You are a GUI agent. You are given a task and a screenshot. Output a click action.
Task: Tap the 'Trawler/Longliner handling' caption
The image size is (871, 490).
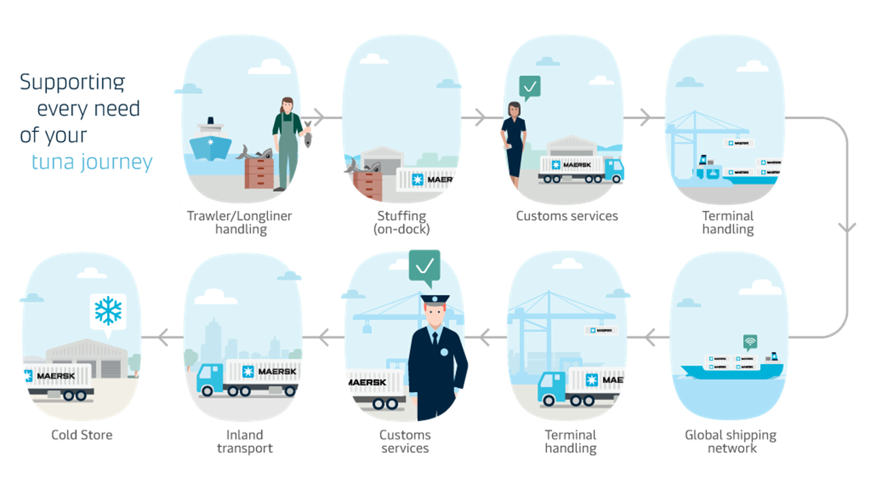(240, 223)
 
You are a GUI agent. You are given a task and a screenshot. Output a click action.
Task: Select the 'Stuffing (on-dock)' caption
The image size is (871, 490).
(401, 223)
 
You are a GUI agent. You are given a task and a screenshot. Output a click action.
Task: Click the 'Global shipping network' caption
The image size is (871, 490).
(731, 441)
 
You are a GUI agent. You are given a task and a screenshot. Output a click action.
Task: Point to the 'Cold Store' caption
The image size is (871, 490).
(82, 435)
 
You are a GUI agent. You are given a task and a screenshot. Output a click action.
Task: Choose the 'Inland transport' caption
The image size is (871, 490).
(244, 441)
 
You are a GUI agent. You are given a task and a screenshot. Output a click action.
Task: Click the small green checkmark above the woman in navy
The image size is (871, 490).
(529, 86)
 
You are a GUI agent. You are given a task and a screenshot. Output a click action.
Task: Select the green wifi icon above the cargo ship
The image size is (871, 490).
(750, 342)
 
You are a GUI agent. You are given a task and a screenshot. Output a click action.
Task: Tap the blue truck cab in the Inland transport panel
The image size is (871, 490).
(210, 379)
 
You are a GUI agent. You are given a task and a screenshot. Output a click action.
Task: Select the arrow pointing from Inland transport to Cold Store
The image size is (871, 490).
(161, 336)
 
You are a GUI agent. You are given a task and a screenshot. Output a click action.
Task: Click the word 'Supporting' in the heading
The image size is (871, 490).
(72, 82)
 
